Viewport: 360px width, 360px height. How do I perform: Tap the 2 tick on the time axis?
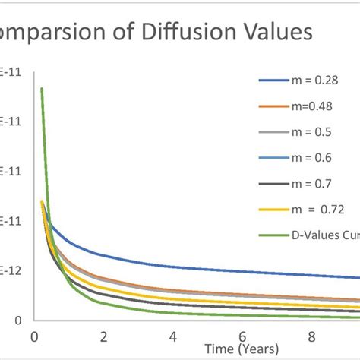pyautogui.click(x=103, y=336)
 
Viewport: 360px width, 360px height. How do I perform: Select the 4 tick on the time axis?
pyautogui.click(x=173, y=336)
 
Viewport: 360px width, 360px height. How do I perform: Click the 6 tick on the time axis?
pyautogui.click(x=242, y=336)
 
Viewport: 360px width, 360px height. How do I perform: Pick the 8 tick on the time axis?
pyautogui.click(x=311, y=336)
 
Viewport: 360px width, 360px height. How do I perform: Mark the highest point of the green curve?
pyautogui.click(x=41, y=88)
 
